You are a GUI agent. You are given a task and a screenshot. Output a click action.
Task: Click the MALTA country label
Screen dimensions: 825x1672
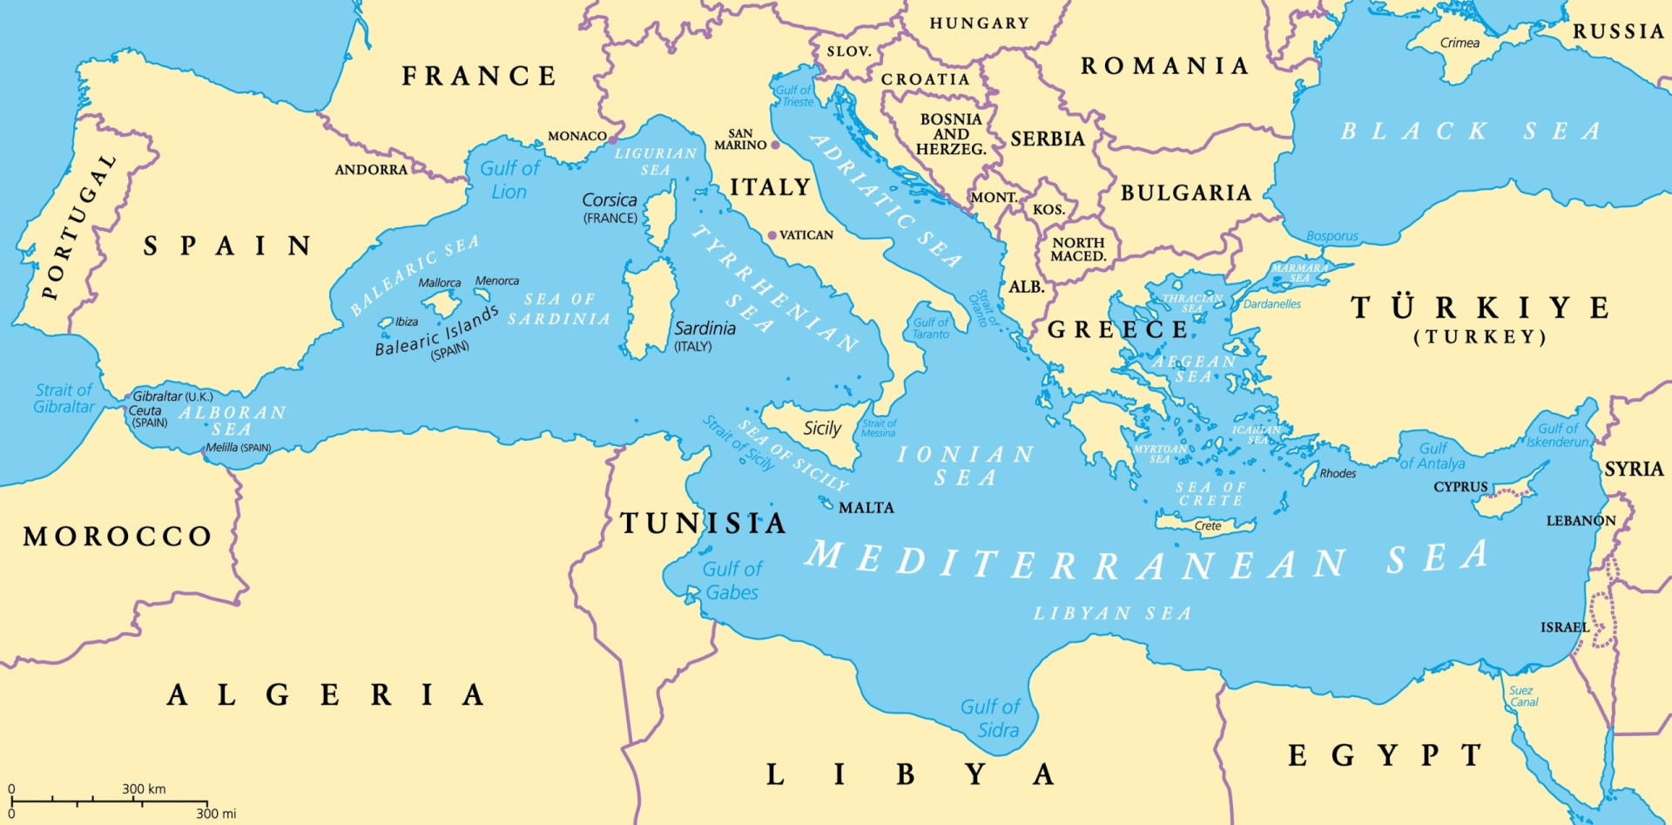click(866, 507)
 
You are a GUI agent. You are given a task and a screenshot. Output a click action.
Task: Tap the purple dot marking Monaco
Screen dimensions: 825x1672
click(612, 139)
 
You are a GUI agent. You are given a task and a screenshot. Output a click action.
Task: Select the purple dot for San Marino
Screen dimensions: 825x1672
click(774, 144)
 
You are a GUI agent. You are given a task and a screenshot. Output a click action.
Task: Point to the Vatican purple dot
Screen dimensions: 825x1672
click(772, 235)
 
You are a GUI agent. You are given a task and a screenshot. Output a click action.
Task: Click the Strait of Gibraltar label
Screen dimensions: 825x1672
click(64, 398)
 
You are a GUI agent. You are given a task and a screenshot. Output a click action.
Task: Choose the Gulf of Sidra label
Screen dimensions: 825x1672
click(990, 719)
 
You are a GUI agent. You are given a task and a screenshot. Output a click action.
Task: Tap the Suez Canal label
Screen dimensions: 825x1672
click(1523, 696)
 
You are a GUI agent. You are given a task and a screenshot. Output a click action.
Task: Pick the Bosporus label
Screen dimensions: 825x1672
click(1332, 236)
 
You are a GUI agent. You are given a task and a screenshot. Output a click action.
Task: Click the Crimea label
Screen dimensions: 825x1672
click(1460, 43)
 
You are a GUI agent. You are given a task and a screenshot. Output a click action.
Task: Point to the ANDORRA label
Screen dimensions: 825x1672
click(371, 169)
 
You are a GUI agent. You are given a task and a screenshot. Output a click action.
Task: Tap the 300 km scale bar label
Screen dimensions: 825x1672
click(144, 788)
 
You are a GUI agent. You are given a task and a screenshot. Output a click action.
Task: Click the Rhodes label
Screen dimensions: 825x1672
click(1338, 473)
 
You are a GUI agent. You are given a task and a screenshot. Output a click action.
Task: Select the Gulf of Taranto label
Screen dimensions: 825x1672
click(930, 328)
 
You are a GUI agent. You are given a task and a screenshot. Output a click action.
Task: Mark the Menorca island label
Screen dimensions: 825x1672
click(497, 281)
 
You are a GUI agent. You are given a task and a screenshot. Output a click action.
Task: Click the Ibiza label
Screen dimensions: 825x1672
click(407, 321)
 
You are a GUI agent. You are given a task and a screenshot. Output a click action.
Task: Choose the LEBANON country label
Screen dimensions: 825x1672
click(1581, 520)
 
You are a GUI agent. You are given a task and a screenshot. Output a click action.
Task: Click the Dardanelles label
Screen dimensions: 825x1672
click(1271, 304)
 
